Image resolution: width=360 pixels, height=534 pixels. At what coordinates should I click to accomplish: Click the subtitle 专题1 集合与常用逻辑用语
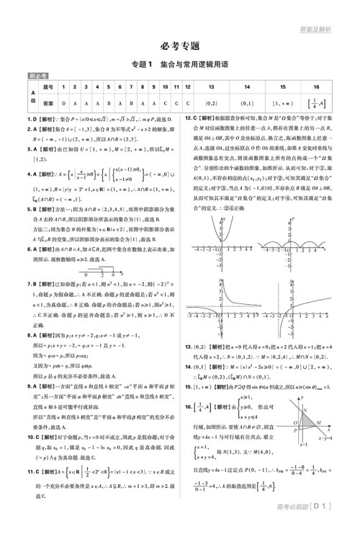tap(179, 66)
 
